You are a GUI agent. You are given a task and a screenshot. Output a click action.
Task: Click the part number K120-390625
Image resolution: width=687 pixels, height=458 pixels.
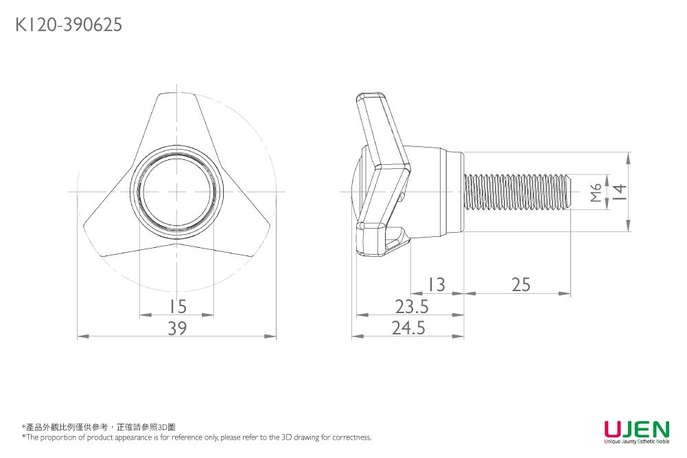point(69,25)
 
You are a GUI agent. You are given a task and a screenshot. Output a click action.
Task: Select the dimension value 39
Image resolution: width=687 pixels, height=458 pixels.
point(177,329)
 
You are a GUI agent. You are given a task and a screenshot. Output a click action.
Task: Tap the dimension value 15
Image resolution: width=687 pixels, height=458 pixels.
point(178,306)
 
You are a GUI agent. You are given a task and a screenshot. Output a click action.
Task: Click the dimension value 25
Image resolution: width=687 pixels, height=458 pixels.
point(520,284)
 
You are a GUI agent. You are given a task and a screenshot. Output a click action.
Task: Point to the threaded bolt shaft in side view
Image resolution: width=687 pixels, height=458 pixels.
point(515,192)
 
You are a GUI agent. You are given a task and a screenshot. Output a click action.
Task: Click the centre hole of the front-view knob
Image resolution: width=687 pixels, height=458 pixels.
point(176,191)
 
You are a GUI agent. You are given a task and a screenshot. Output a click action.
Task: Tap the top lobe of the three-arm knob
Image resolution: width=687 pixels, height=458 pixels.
point(176,117)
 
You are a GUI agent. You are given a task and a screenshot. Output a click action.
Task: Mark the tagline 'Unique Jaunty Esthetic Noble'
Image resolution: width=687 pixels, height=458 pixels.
point(636,442)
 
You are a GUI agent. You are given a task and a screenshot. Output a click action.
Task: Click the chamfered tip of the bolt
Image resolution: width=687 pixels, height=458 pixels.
point(569,192)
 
